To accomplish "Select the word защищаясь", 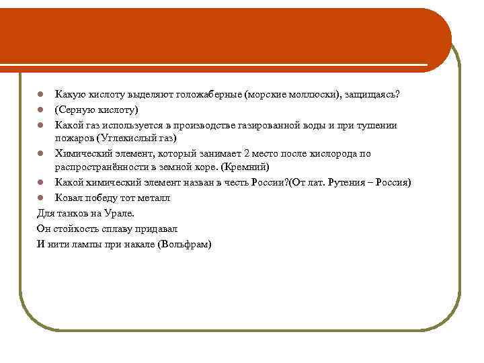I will [372, 94].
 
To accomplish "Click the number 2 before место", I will [247, 153].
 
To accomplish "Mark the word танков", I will [71, 213].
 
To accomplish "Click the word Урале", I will [119, 213].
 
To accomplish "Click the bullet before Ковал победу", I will [40, 198].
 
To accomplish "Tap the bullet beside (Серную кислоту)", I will [40, 110].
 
